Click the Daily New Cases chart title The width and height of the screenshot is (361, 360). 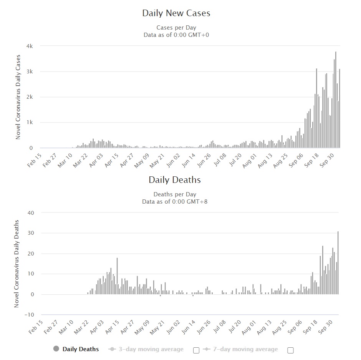[x=176, y=13]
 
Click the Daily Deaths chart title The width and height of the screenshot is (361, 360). [x=175, y=180]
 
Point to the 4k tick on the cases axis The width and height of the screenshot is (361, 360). [x=30, y=46]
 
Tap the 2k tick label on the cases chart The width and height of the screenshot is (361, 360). [x=30, y=97]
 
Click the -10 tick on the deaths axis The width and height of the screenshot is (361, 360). [x=29, y=315]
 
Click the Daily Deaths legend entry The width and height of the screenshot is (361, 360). [x=76, y=349]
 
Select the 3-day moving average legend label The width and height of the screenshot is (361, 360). [x=151, y=349]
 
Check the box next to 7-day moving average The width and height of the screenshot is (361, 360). [x=290, y=350]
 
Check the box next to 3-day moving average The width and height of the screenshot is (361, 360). [x=196, y=350]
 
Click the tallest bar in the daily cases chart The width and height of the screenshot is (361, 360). [x=336, y=100]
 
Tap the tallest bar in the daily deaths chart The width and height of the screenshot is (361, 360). [x=338, y=263]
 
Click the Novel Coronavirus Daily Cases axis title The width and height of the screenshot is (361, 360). [x=18, y=97]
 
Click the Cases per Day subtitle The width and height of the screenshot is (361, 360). [x=176, y=28]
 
